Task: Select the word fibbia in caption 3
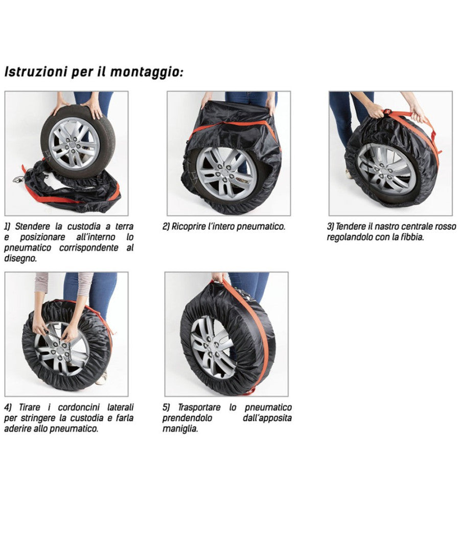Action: (412, 237)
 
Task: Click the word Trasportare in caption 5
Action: (199, 407)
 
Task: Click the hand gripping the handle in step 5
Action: (219, 277)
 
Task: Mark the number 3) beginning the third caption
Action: (331, 226)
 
